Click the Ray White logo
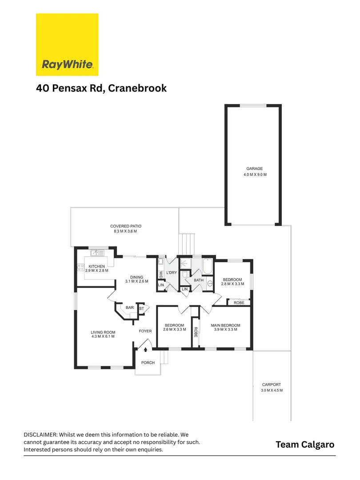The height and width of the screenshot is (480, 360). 67,44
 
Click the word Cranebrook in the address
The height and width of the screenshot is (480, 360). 136,88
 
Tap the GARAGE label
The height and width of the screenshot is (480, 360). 255,169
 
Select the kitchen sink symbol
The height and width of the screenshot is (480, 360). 97,253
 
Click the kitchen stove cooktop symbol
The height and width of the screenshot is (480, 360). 81,268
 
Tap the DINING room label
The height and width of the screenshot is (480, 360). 137,277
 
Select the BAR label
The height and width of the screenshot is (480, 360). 130,307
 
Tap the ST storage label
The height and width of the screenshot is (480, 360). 142,308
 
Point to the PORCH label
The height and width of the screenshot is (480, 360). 148,363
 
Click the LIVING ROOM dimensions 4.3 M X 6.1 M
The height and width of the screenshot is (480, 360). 103,336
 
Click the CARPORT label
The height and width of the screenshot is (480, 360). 272,384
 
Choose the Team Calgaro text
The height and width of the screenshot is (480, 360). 304,444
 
